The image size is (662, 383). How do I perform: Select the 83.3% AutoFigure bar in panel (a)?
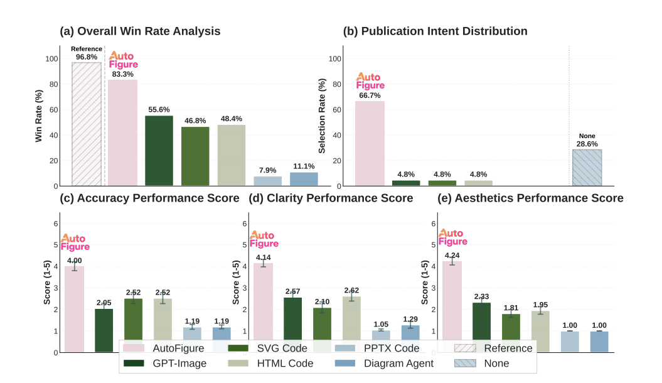point(123,132)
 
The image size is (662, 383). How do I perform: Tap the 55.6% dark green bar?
point(159,151)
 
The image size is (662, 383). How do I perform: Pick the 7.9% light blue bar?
point(268,181)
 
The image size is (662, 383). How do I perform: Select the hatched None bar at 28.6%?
point(587,168)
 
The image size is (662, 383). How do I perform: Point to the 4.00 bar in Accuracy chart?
point(75,308)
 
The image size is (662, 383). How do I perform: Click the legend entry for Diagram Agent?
point(383,363)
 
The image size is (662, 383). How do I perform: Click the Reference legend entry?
point(496,348)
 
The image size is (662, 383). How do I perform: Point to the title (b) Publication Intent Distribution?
point(435,31)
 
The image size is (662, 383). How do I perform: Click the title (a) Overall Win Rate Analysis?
point(140,31)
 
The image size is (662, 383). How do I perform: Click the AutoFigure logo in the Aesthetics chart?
point(452,237)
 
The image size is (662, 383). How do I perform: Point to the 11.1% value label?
point(304,166)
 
